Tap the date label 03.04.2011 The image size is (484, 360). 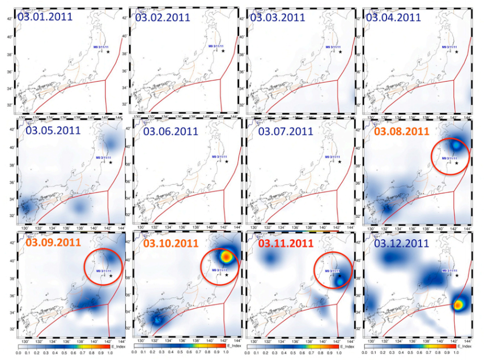(x=393, y=17)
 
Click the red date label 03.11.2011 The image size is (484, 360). (x=286, y=244)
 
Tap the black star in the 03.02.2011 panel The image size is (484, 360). (x=223, y=51)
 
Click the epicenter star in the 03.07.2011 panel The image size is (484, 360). (x=340, y=162)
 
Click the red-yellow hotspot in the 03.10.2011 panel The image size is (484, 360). (x=227, y=256)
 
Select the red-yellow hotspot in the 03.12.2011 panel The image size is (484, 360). (x=458, y=305)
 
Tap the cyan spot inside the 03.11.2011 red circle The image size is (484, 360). (x=339, y=280)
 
